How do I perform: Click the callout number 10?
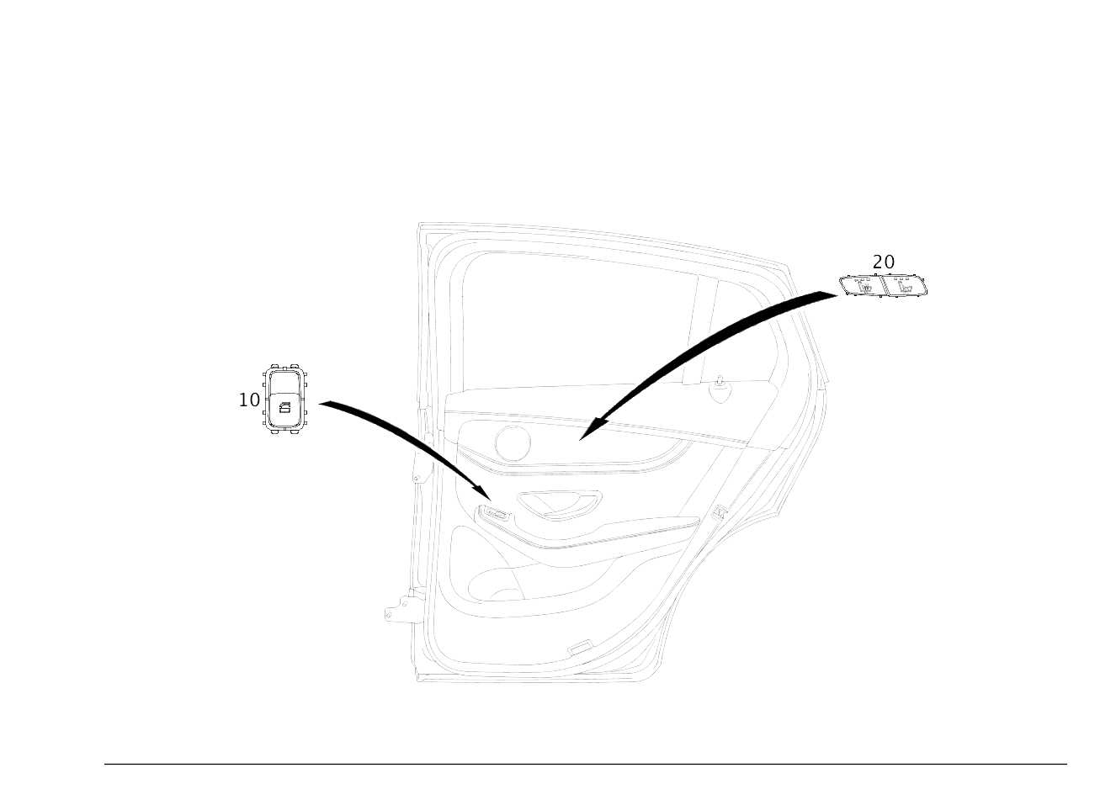pyautogui.click(x=249, y=400)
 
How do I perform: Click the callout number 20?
pyautogui.click(x=883, y=262)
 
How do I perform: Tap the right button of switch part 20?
pyautogui.click(x=906, y=288)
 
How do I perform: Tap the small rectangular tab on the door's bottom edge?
pyautogui.click(x=580, y=648)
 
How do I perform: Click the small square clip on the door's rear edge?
pyautogui.click(x=719, y=510)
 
